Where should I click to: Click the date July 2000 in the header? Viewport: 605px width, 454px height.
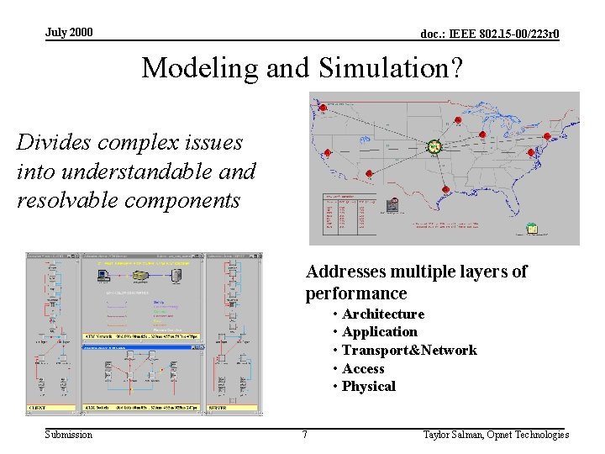pyautogui.click(x=69, y=33)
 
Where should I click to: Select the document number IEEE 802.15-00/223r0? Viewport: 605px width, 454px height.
pyautogui.click(x=490, y=34)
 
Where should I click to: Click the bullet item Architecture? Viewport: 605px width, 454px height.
pyautogui.click(x=382, y=314)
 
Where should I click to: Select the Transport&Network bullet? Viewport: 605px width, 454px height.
pyautogui.click(x=408, y=351)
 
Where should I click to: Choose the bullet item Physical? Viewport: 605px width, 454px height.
pyautogui.click(x=368, y=387)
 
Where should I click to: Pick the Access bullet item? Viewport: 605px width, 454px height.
pyautogui.click(x=363, y=369)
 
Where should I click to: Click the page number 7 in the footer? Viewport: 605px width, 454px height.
pyautogui.click(x=305, y=435)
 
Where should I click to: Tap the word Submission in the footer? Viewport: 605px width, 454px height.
pyautogui.click(x=69, y=435)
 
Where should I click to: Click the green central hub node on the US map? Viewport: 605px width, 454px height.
pyautogui.click(x=434, y=147)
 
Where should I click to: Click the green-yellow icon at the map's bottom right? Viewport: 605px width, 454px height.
pyautogui.click(x=531, y=229)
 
